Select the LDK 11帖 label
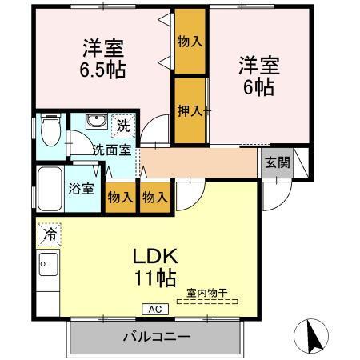point(154,267)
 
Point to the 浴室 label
point(80,190)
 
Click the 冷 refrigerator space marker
point(48,236)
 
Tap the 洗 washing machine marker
point(122,126)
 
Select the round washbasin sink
point(96,122)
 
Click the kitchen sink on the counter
point(46,264)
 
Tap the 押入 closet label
point(190,110)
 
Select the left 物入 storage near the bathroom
point(120,196)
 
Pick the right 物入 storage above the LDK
point(154,196)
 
